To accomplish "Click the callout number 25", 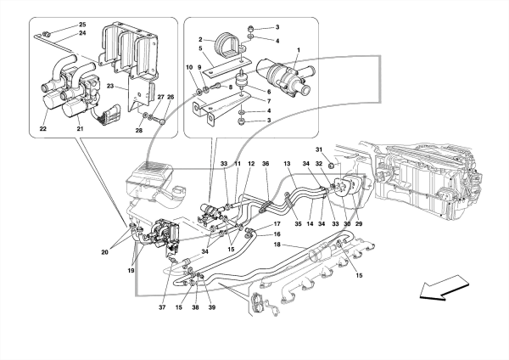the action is (x=82, y=25).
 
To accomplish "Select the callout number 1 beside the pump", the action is (x=299, y=50).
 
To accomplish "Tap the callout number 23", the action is (x=110, y=87).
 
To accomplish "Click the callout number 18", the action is (x=277, y=245).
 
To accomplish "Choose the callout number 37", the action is (x=162, y=307).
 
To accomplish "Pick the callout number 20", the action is (x=104, y=252).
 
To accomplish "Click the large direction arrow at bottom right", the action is (x=445, y=287).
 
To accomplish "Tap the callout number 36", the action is (x=266, y=164).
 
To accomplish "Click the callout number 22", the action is (x=43, y=129).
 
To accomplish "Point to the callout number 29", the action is (x=359, y=224).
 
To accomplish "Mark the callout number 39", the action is (x=212, y=307).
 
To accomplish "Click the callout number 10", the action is (x=189, y=67).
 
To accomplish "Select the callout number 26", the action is (x=171, y=97).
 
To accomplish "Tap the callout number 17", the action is (x=277, y=224).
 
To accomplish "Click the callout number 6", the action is (x=269, y=92).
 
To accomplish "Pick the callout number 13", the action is (x=287, y=164).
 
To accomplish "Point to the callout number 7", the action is (x=269, y=101).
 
